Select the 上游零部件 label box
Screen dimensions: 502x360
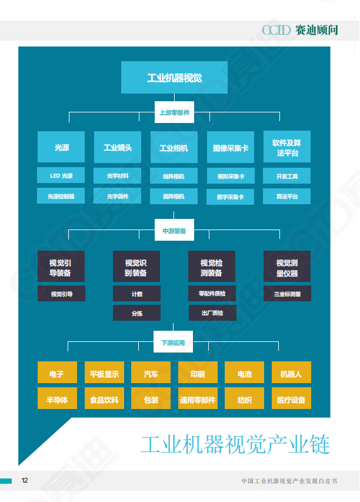point(174,112)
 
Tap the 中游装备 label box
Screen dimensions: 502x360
point(174,231)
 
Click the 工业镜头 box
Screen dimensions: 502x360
point(118,148)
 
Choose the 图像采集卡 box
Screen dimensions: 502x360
point(231,148)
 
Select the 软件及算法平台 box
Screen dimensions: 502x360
point(287,148)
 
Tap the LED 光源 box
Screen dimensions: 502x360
point(61,176)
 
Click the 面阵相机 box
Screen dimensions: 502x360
point(174,197)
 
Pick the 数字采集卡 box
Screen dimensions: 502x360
point(231,197)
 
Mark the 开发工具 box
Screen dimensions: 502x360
point(287,176)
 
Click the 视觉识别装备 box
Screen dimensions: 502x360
point(136,268)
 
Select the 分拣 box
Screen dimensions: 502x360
point(136,313)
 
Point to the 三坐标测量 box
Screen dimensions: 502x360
point(287,294)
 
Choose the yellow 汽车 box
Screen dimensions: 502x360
point(151,374)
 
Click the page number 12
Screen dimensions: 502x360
point(25,480)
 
